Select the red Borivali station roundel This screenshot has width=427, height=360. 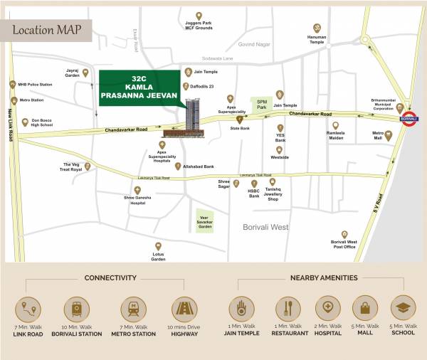(408, 119)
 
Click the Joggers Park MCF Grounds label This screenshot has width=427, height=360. (199, 27)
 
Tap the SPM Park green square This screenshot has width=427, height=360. (262, 105)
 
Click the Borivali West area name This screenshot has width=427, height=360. (262, 227)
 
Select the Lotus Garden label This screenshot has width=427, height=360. (158, 257)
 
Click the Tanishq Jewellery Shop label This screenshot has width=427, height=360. (273, 196)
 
